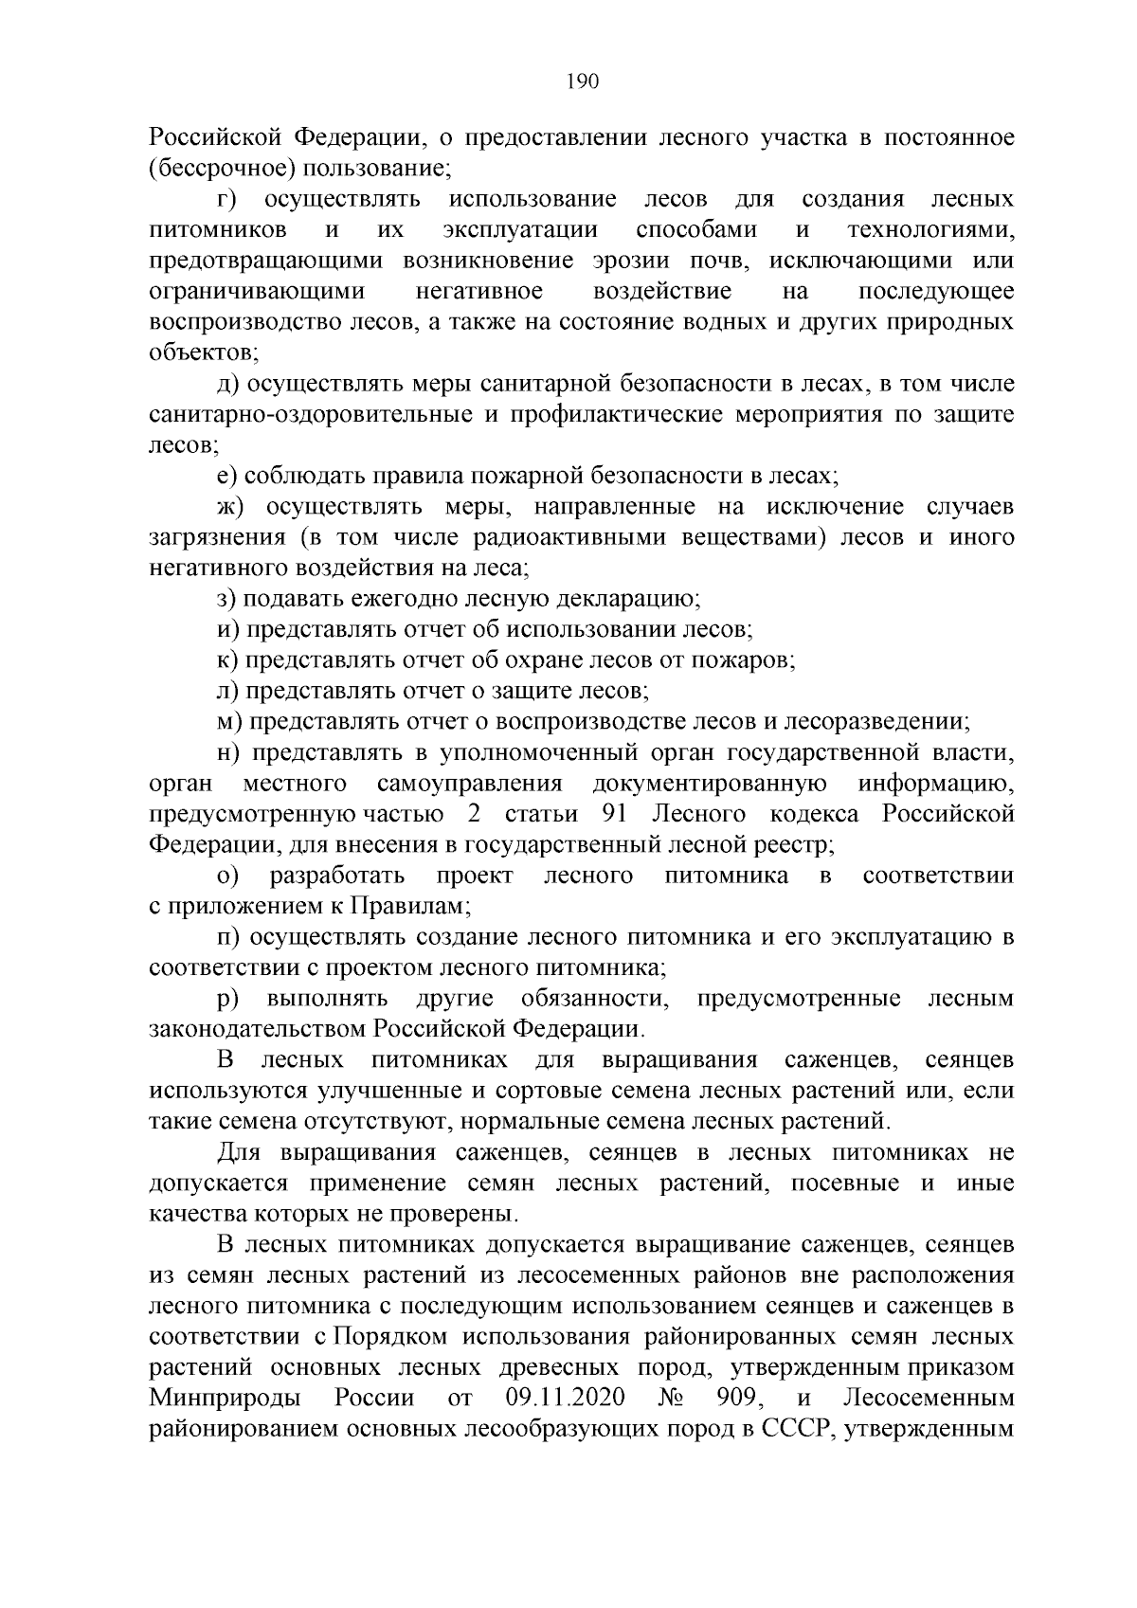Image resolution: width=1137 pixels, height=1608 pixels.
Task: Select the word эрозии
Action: click(x=654, y=262)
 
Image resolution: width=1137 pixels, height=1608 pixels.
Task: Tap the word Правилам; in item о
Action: click(x=411, y=906)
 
